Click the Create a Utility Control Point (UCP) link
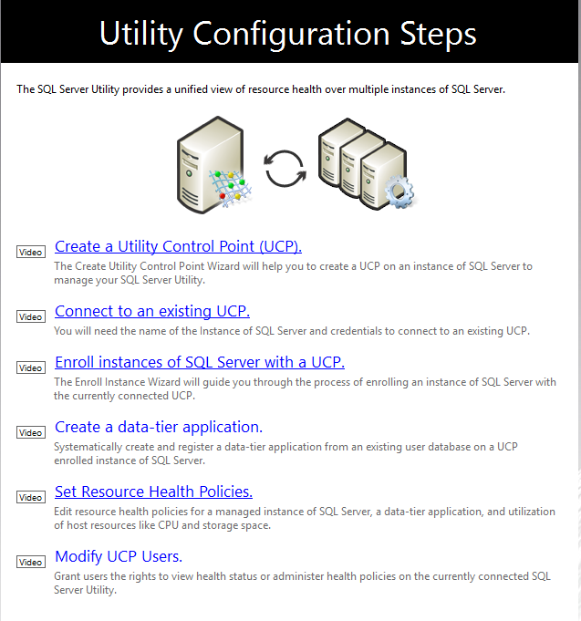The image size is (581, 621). click(178, 246)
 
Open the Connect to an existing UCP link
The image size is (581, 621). click(152, 311)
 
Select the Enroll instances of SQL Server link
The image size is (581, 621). click(200, 362)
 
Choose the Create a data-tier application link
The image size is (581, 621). click(159, 427)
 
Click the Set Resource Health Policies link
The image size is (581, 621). click(153, 492)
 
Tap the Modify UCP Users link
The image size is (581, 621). click(119, 556)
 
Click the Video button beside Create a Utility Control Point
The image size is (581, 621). click(31, 252)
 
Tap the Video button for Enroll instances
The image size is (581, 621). click(31, 367)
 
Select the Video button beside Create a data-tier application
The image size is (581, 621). click(31, 432)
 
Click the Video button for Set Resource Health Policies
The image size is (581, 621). click(31, 497)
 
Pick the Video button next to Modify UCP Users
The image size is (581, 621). click(31, 562)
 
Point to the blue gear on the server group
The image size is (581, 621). click(399, 191)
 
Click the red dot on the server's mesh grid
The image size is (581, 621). click(223, 196)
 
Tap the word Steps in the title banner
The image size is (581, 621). click(438, 35)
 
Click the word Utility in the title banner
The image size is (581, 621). click(141, 35)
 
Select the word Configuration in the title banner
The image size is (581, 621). click(291, 35)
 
